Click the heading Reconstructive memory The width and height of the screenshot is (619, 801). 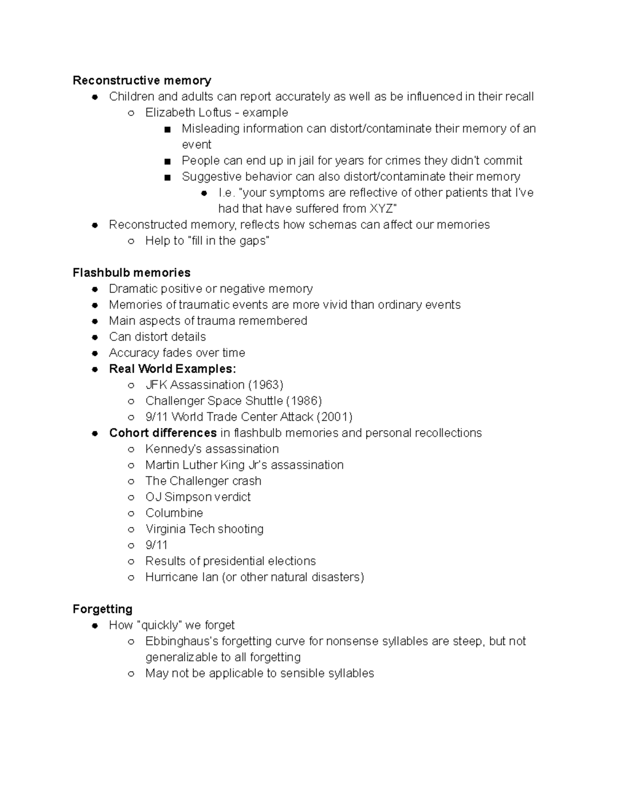[142, 80]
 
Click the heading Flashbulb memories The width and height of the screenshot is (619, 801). [132, 272]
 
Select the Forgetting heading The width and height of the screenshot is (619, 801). [103, 609]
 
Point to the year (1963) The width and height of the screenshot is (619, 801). [266, 385]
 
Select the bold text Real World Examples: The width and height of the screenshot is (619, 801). [173, 369]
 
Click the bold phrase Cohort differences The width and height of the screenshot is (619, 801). [163, 433]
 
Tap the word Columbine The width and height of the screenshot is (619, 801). [174, 513]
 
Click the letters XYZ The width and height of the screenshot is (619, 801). [382, 208]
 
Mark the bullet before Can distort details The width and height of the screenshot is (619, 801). [95, 337]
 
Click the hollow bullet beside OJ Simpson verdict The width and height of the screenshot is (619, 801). [132, 497]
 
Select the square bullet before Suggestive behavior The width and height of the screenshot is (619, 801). [167, 177]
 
